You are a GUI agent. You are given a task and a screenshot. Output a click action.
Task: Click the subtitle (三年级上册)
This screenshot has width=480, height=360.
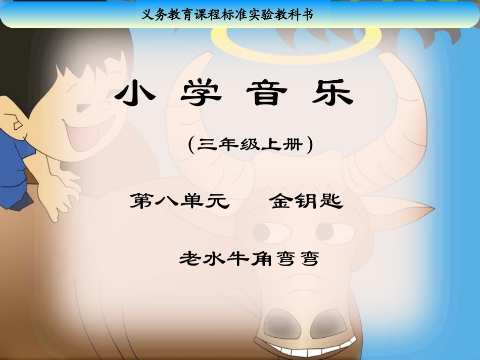250,145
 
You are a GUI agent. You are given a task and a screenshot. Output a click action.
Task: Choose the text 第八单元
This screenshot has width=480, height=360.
180,201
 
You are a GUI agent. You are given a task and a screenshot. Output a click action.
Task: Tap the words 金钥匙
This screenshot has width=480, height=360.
306,201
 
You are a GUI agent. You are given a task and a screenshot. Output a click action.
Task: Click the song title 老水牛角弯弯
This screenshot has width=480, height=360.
250,259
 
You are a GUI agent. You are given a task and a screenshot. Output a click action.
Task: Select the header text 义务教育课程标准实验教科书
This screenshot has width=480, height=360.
228,15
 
